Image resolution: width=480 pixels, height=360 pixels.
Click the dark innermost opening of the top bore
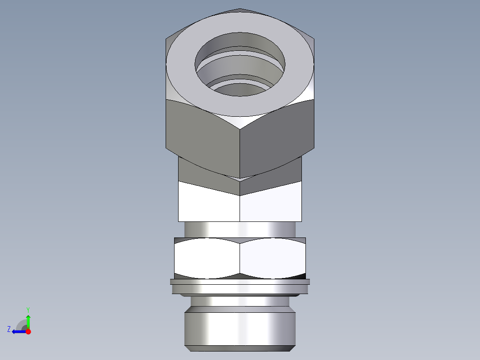click(x=240, y=91)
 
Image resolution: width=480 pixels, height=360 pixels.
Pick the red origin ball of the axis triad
click(x=28, y=331)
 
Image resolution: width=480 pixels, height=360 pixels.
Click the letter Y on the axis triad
click(x=28, y=309)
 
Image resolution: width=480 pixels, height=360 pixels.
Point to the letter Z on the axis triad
click(x=9, y=329)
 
